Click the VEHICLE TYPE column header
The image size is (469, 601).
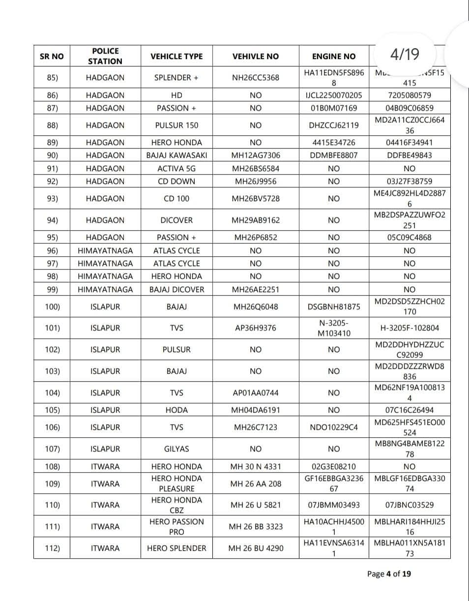176,56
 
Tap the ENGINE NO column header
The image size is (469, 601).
333,56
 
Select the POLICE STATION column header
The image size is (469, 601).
105,56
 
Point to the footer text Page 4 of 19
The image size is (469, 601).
389,573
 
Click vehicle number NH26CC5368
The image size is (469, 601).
256,78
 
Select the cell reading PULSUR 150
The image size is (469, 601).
176,125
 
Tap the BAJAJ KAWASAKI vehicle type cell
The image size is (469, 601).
176,155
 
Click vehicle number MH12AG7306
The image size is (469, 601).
256,155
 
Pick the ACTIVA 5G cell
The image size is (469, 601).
176,168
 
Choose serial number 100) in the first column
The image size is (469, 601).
52,307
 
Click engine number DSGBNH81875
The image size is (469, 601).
333,307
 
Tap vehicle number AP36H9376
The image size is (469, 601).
256,328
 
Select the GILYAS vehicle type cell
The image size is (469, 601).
176,449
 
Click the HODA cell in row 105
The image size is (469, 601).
176,410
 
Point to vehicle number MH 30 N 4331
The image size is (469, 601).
256,466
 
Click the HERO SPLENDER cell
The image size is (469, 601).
176,548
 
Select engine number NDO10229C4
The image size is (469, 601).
333,427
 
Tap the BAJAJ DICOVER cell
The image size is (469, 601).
176,289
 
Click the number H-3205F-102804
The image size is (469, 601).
410,328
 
